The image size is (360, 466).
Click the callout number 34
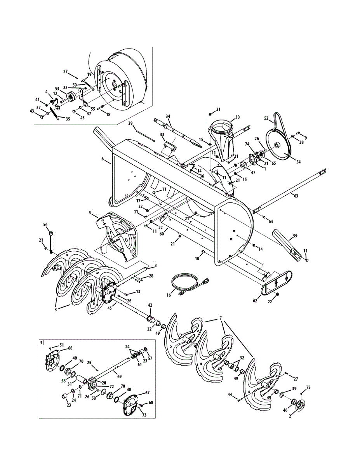click(168, 116)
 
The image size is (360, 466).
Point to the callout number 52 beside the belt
click(266, 118)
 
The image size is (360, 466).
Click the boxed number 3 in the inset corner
click(42, 343)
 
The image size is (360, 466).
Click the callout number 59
click(295, 236)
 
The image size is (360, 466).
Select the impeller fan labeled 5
click(118, 237)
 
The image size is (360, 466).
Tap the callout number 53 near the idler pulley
click(57, 89)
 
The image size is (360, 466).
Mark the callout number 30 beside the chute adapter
click(237, 117)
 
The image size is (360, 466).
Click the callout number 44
click(229, 395)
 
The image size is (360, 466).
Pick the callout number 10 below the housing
click(197, 258)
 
